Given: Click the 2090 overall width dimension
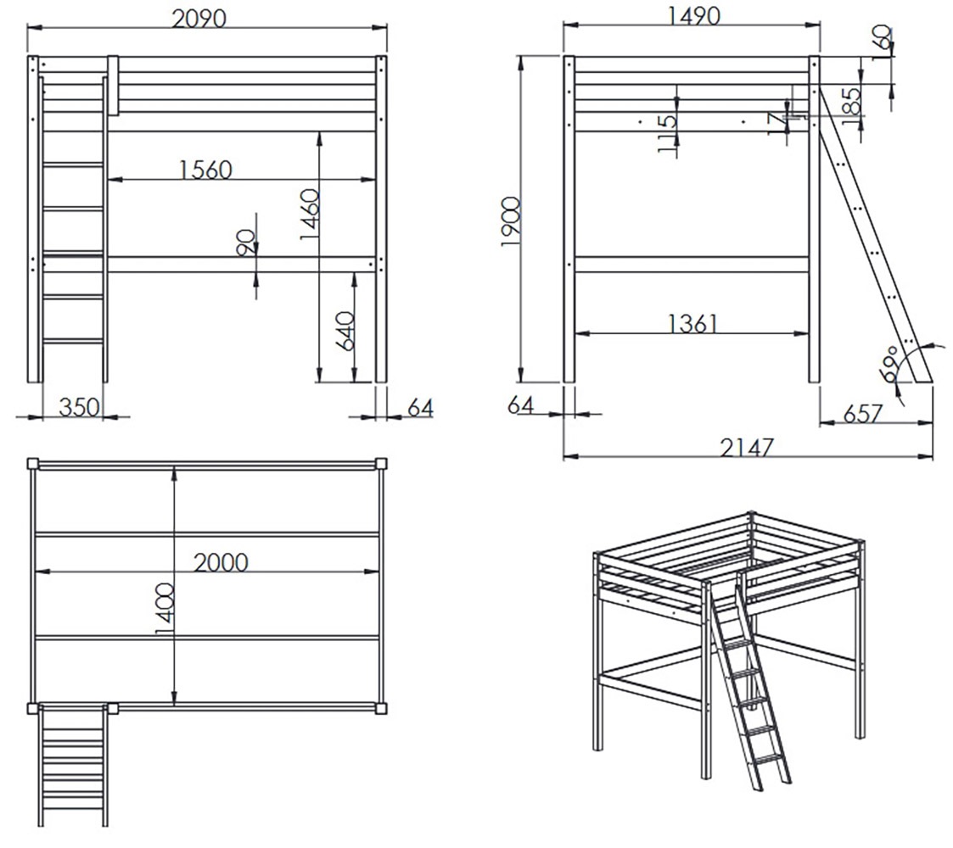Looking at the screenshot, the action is click(199, 18).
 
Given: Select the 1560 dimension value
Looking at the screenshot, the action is click(206, 170).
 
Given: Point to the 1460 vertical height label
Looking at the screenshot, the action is click(310, 214).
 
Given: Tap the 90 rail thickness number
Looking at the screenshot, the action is click(245, 243).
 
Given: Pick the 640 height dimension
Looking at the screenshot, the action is click(345, 331).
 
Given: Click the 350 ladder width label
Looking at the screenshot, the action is click(79, 406).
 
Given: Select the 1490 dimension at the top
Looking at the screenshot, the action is click(694, 16).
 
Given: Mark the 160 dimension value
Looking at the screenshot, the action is click(883, 42).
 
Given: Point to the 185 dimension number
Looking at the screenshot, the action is click(852, 102).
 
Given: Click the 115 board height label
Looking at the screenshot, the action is click(667, 133).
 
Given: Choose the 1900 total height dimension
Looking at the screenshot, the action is click(511, 221).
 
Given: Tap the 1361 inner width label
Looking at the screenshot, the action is click(692, 324).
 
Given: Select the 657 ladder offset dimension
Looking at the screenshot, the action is click(862, 414).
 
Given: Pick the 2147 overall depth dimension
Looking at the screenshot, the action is click(747, 448).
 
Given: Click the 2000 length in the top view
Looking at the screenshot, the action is click(221, 562).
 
